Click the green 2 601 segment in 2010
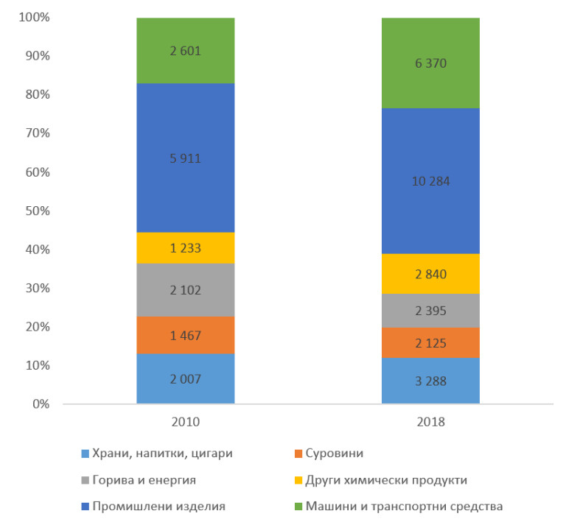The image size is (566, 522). pyautogui.click(x=186, y=51)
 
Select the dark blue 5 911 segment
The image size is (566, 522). pyautogui.click(x=186, y=158)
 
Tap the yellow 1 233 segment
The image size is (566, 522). pyautogui.click(x=186, y=248)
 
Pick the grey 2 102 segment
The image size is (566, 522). pyautogui.click(x=186, y=290)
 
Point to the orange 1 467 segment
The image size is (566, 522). pyautogui.click(x=186, y=336)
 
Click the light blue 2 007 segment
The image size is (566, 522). pyautogui.click(x=186, y=379)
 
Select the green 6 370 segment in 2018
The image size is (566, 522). pyautogui.click(x=430, y=63)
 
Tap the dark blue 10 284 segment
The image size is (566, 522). pyautogui.click(x=430, y=181)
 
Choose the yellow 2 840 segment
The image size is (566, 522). pyautogui.click(x=430, y=274)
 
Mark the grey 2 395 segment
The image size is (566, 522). pyautogui.click(x=430, y=311)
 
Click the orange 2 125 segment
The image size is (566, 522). pyautogui.click(x=430, y=343)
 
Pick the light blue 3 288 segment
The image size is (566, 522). pyautogui.click(x=430, y=381)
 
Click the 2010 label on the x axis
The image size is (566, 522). pyautogui.click(x=186, y=423)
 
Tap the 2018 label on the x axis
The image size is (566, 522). pyautogui.click(x=430, y=423)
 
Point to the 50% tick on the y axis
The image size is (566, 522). pyautogui.click(x=33, y=211)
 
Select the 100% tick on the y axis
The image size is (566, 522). pyautogui.click(x=30, y=17)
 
